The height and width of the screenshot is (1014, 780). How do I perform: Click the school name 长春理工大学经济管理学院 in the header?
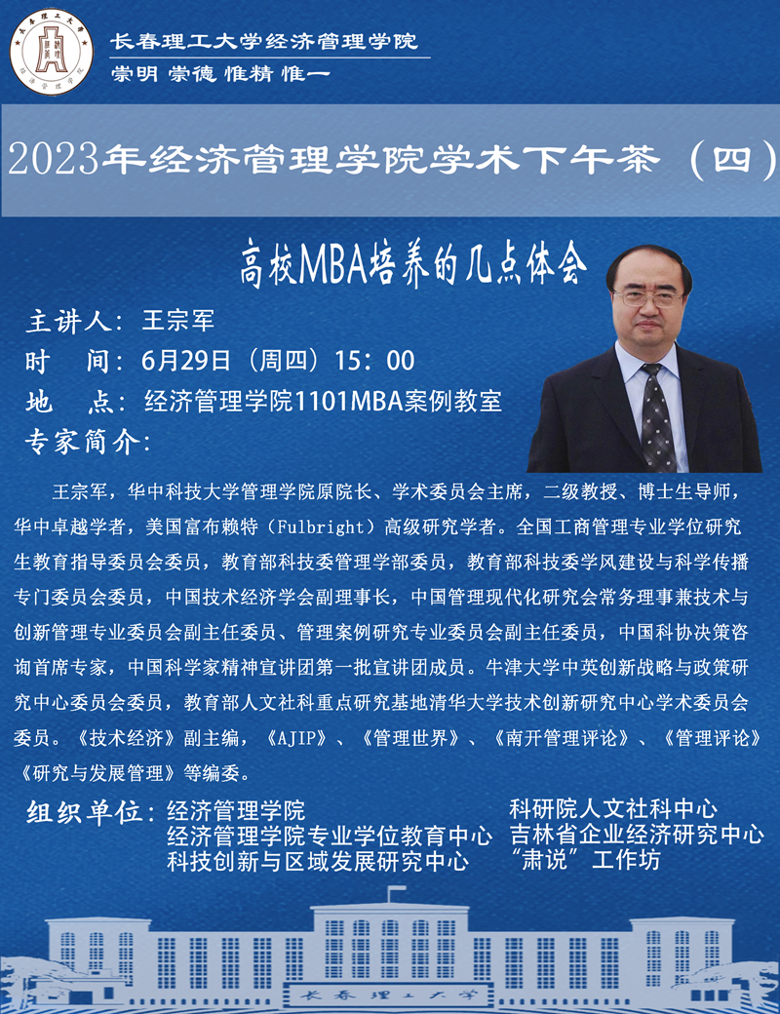pos(264,41)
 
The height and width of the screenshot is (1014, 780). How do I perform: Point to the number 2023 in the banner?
pos(54,159)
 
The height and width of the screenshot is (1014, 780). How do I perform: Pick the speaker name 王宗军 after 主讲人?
pos(177,320)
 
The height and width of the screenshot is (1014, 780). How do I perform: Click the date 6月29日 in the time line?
pos(186,360)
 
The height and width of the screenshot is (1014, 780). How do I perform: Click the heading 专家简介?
pos(85,440)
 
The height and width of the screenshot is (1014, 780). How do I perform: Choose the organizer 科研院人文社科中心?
pos(613,808)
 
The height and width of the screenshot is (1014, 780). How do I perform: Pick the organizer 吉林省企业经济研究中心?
pos(637,835)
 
